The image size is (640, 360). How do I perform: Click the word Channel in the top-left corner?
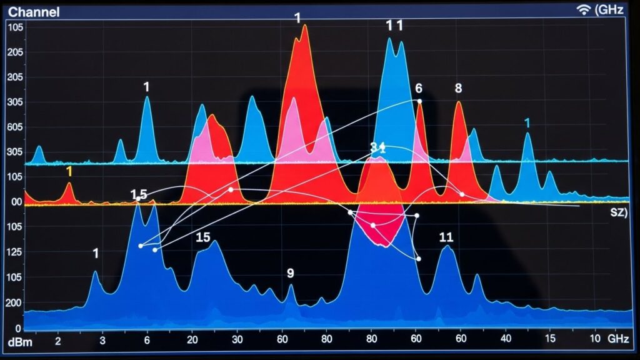[34, 11]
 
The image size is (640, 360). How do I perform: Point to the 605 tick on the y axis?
[14, 127]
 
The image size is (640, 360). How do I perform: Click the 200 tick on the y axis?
[14, 302]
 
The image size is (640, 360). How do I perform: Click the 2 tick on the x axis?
[58, 341]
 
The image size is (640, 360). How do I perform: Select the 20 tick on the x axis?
[192, 341]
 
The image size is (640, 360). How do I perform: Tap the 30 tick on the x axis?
[237, 341]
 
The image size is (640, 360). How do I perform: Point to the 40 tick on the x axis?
[506, 341]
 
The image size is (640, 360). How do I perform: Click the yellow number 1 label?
[69, 171]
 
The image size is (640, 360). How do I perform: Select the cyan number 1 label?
[527, 122]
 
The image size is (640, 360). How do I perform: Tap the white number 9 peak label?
[290, 273]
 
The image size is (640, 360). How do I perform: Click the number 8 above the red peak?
[458, 89]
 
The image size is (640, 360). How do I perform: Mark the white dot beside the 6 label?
[419, 101]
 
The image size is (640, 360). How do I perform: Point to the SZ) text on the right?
[618, 212]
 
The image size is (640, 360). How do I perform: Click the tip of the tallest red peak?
[304, 26]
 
